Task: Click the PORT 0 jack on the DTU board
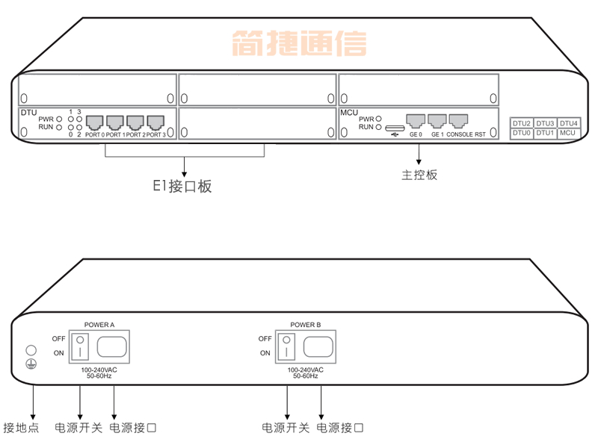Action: (x=95, y=122)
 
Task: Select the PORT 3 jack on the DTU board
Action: (x=155, y=122)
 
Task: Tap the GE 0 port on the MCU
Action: (x=416, y=121)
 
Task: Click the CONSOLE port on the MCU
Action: (x=458, y=121)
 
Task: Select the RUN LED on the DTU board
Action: (x=58, y=128)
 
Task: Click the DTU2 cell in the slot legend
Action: (x=521, y=123)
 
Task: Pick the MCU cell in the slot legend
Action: (x=567, y=133)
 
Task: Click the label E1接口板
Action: (x=182, y=187)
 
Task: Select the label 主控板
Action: (x=419, y=175)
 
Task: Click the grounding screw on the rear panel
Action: (x=31, y=349)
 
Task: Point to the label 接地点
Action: (x=21, y=429)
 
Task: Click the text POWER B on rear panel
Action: (x=305, y=326)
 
